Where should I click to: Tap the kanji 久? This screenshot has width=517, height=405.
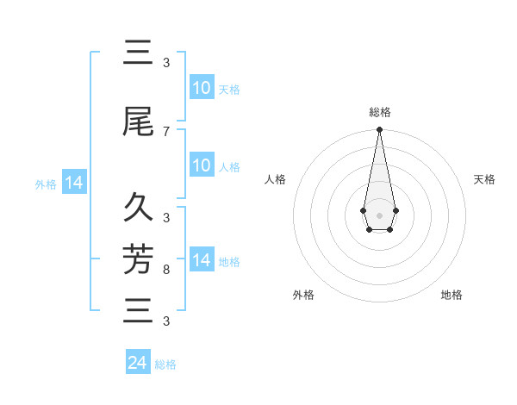coord(138,208)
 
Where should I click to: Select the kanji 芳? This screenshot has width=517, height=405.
coord(138,258)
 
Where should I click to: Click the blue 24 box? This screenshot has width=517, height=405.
coord(138,363)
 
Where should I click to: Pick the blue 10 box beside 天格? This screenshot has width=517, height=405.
coord(202,88)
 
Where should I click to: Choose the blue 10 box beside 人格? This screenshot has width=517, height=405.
coord(202,165)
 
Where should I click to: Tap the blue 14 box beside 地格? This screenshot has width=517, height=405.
coord(202,260)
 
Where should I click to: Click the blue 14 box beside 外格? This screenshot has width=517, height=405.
coord(74,183)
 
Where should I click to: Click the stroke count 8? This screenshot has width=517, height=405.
coord(166,270)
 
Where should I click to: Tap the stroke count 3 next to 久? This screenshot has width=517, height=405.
coord(166,217)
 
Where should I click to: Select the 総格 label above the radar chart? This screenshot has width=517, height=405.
coord(379,112)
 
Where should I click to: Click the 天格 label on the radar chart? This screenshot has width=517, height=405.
coord(484,179)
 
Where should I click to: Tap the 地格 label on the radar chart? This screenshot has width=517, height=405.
coord(452,295)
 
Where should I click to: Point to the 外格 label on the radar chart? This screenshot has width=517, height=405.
coord(303,295)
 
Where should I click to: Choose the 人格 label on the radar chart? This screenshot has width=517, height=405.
coord(275,179)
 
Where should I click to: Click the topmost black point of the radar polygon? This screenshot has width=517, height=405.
coord(379,130)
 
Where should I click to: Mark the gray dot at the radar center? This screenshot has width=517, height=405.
coord(379,214)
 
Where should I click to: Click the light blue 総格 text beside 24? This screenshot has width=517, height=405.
coord(165,364)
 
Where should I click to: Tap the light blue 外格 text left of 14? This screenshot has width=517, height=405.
coord(46,184)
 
